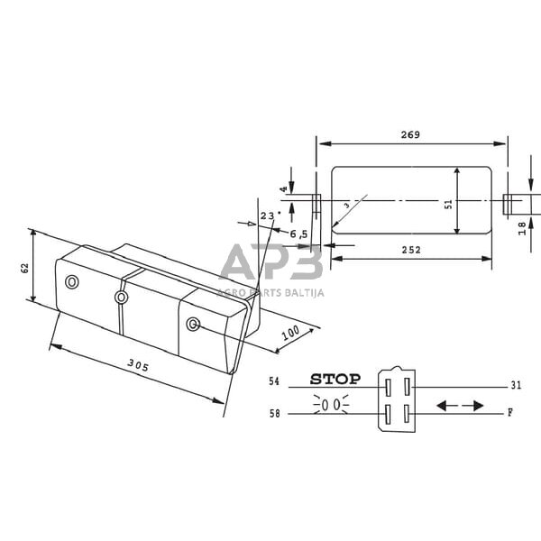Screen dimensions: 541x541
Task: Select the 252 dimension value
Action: tap(411, 250)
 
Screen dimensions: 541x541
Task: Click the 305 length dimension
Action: tap(138, 365)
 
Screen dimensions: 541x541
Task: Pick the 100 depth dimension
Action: tap(290, 333)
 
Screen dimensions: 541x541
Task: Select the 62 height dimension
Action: tap(25, 267)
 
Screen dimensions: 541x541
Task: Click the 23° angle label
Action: tap(269, 215)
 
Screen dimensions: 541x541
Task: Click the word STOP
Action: tap(335, 380)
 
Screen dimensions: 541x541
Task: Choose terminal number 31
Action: tap(516, 385)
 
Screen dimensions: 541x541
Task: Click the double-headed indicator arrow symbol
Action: tap(459, 406)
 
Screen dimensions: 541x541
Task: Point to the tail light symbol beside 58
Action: tap(331, 406)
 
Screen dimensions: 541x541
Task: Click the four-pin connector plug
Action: tap(396, 395)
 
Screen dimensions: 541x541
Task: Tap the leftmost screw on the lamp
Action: tap(73, 282)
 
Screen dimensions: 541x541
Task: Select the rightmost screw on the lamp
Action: tap(192, 324)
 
